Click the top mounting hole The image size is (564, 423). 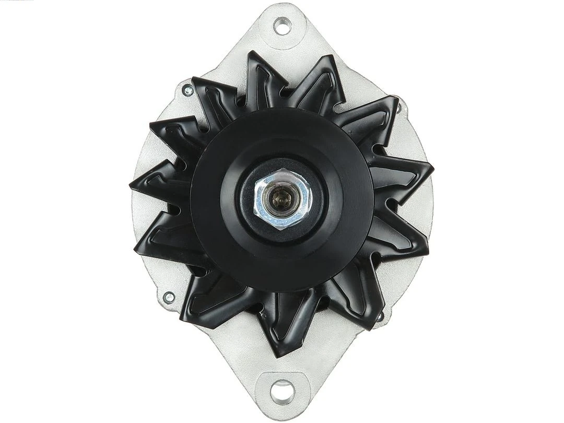pyautogui.click(x=282, y=26)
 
